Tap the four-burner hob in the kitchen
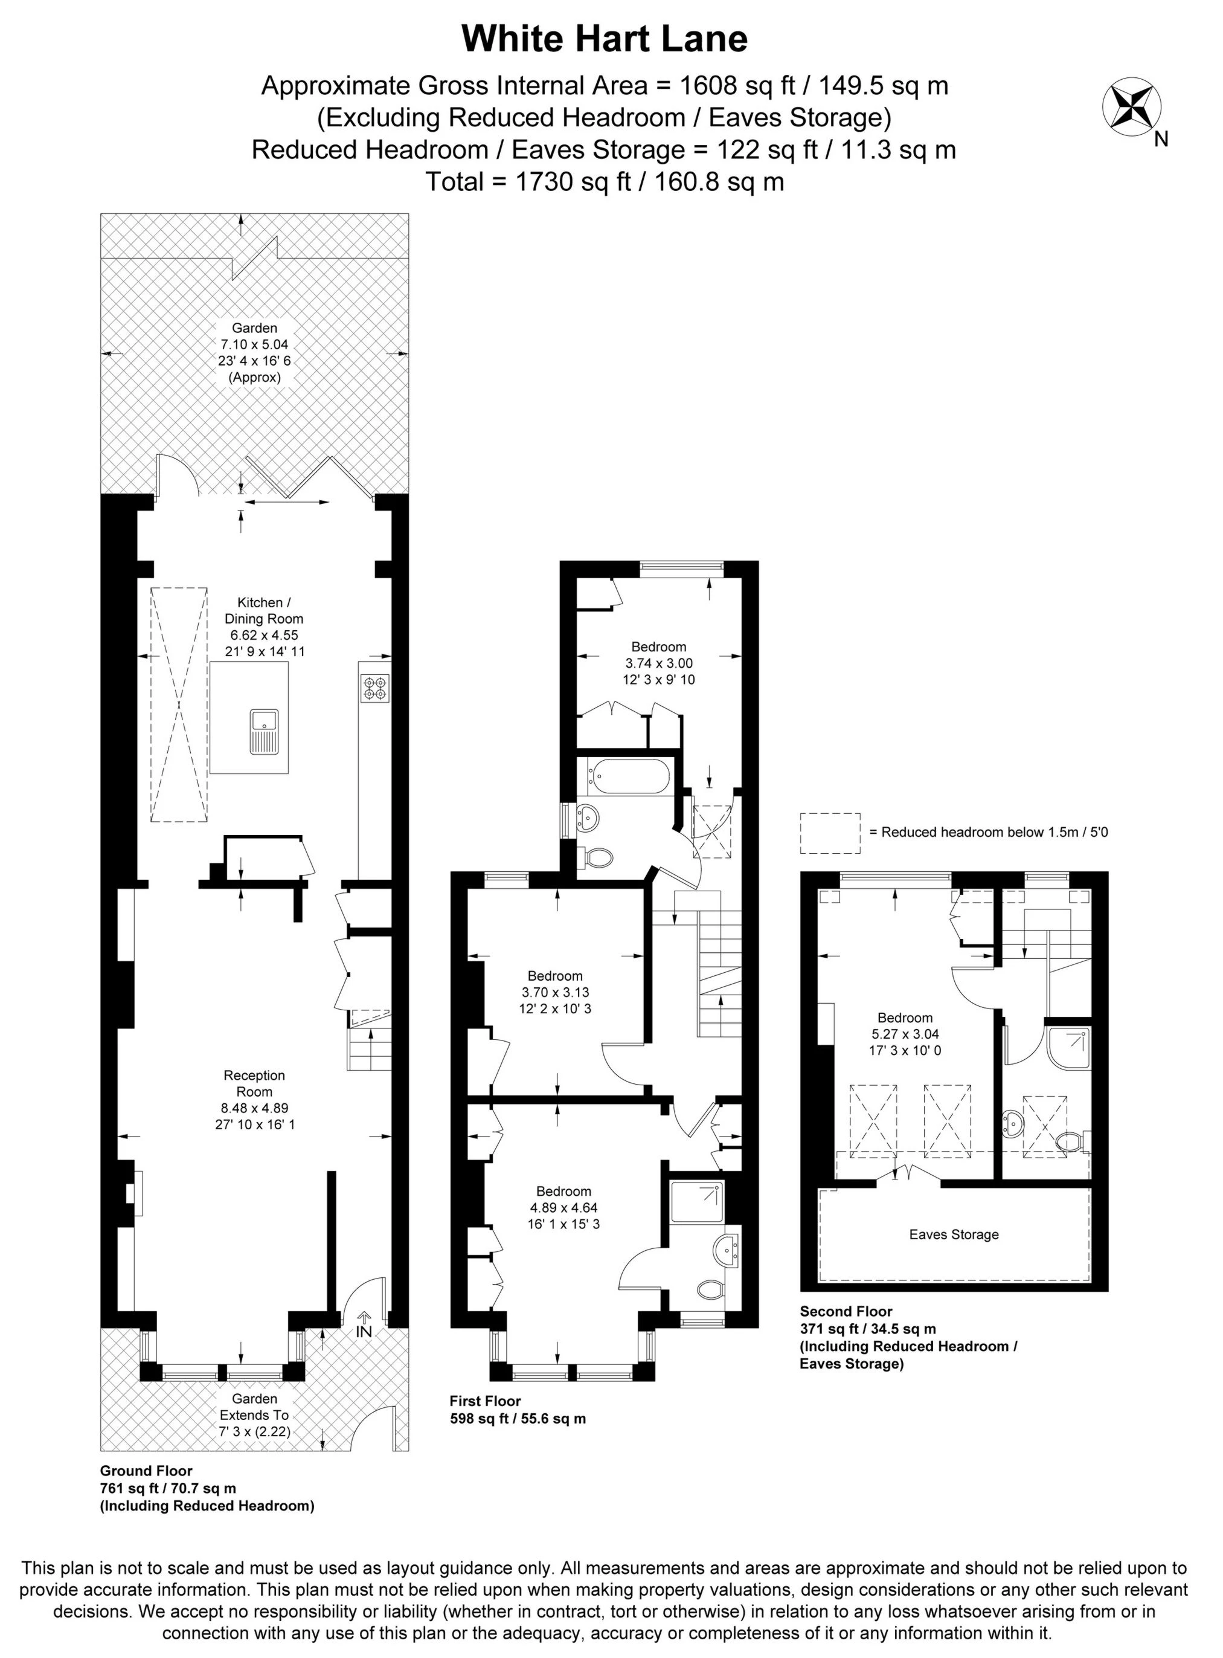[374, 688]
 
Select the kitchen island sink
[263, 731]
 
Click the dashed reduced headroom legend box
[830, 833]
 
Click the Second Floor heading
[846, 1311]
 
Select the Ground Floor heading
[146, 1471]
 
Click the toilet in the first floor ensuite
[712, 1289]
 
